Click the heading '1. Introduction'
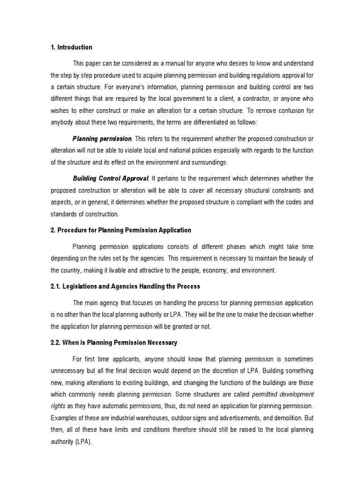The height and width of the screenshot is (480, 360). tap(71, 47)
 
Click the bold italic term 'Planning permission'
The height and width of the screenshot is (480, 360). tap(102, 139)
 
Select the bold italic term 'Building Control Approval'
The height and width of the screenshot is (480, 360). tap(111, 179)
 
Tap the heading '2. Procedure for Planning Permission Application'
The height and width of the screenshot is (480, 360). tap(121, 230)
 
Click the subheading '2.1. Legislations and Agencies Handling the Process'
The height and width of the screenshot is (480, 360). tap(125, 286)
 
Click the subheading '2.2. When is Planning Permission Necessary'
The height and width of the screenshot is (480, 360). tap(114, 343)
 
